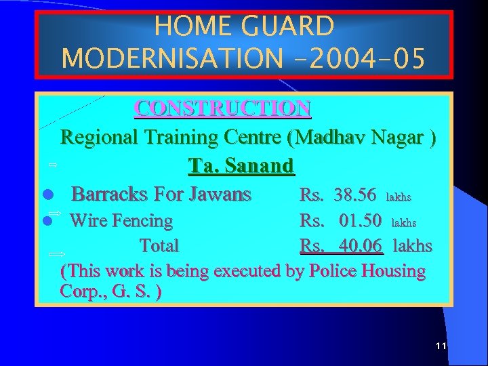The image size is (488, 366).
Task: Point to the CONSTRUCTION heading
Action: [223, 108]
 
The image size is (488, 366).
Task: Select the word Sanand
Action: [261, 166]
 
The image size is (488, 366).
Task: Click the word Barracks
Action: [109, 195]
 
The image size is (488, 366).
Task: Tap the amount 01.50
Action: [359, 221]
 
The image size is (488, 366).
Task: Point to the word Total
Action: [159, 245]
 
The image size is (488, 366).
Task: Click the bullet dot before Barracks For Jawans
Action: [47, 196]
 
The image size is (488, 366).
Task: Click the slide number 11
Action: [441, 346]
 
